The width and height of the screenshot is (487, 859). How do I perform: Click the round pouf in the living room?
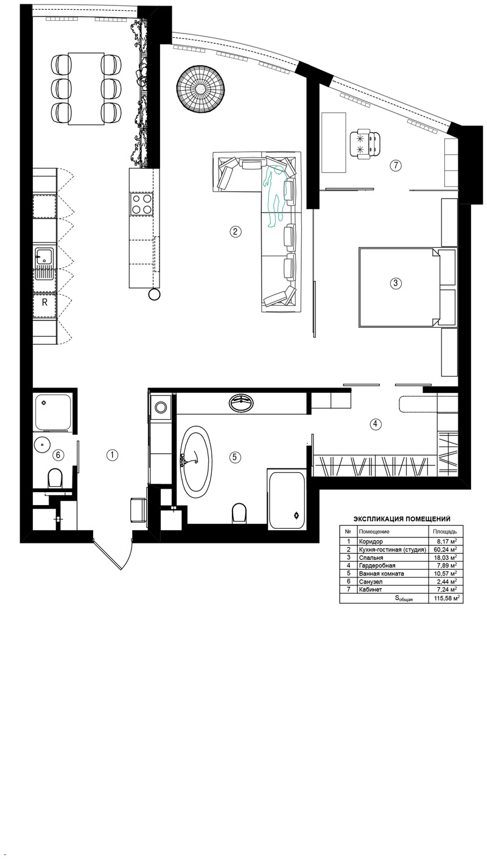[200, 88]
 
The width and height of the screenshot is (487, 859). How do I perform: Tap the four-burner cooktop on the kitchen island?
[141, 204]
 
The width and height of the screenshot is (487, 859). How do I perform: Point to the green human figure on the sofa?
[275, 196]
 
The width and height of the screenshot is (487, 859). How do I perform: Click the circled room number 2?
[235, 232]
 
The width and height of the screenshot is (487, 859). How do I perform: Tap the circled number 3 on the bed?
[396, 283]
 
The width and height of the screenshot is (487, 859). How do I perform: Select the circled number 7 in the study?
[396, 166]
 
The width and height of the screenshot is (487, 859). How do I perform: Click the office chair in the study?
[365, 143]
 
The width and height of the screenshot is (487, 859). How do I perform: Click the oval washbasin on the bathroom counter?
[242, 403]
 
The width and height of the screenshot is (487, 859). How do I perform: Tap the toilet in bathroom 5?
[239, 513]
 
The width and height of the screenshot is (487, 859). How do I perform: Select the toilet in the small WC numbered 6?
[55, 478]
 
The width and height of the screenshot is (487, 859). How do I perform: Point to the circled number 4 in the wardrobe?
[375, 424]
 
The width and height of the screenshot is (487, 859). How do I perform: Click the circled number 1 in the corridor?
[112, 455]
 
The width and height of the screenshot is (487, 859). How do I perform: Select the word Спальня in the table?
[371, 557]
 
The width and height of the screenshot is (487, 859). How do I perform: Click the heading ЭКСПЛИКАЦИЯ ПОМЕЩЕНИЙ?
[402, 519]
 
